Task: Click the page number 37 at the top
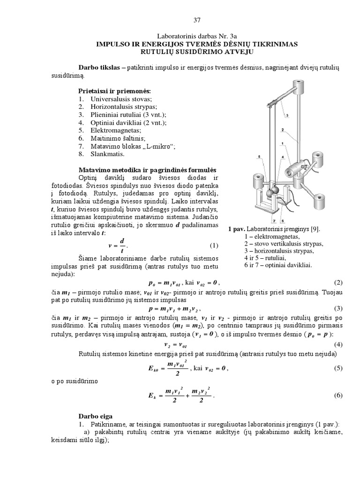tap(196, 20)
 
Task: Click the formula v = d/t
tap(117, 245)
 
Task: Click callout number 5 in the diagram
tap(259, 156)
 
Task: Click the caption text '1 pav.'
tap(237, 230)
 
